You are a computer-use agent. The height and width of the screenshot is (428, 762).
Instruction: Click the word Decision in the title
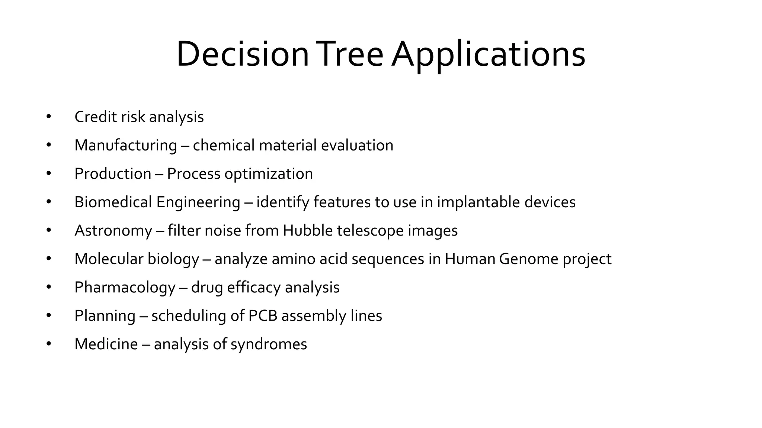(242, 55)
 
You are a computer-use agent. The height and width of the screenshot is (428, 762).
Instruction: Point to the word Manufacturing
(125, 145)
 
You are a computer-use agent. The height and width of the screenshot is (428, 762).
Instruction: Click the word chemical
(223, 145)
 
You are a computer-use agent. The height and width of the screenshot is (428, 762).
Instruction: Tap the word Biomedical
(113, 202)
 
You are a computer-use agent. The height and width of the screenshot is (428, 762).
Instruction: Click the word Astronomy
(113, 231)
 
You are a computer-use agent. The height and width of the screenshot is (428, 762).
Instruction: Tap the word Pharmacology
(125, 288)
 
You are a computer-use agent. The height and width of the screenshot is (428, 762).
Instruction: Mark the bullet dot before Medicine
(49, 344)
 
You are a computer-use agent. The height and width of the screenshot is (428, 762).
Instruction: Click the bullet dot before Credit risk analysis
(49, 117)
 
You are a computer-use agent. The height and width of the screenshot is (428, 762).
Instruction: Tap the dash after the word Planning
(143, 316)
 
